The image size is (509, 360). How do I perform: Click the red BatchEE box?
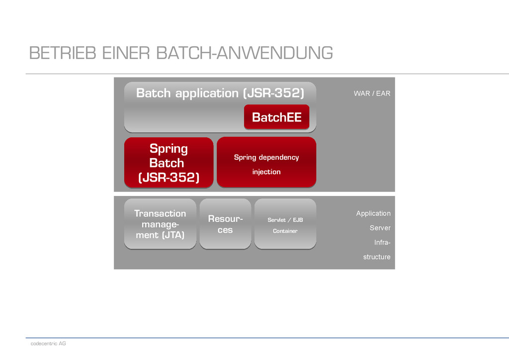pyautogui.click(x=276, y=117)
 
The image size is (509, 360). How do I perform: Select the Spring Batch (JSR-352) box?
pyautogui.click(x=169, y=163)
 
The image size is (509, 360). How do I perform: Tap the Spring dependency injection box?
pyautogui.click(x=266, y=163)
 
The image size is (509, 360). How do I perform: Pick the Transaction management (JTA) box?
pyautogui.click(x=160, y=224)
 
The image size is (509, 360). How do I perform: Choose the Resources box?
pyautogui.click(x=225, y=224)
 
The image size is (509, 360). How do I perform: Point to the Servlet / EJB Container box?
pyautogui.click(x=285, y=224)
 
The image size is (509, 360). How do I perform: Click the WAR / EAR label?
pyautogui.click(x=372, y=93)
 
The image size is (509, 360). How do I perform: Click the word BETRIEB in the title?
pyautogui.click(x=62, y=53)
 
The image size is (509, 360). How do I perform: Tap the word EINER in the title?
pyautogui.click(x=126, y=53)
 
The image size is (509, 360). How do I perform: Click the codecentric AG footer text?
pyautogui.click(x=48, y=344)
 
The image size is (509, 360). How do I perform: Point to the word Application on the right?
pyautogui.click(x=373, y=213)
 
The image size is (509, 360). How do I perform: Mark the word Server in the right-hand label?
pyautogui.click(x=380, y=228)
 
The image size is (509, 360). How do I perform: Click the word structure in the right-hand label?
pyautogui.click(x=377, y=257)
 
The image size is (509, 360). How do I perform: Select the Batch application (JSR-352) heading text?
pyautogui.click(x=220, y=93)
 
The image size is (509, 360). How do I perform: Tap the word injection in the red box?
pyautogui.click(x=266, y=172)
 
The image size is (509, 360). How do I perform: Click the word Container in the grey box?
pyautogui.click(x=285, y=231)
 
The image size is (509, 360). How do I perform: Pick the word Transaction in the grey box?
pyautogui.click(x=160, y=213)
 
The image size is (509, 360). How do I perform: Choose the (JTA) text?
pyautogui.click(x=172, y=235)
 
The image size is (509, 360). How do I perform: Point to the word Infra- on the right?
pyautogui.click(x=382, y=243)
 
